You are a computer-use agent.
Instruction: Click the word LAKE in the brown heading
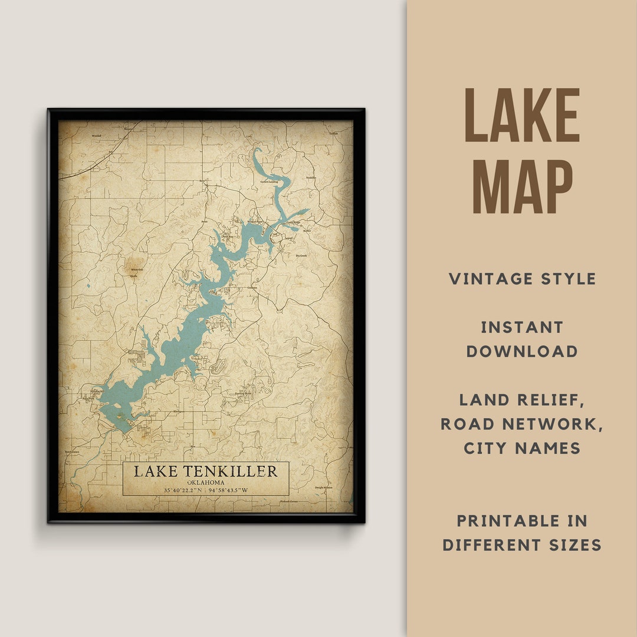522,116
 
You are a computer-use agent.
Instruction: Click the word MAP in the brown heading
522,186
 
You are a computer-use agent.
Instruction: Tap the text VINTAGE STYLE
522,279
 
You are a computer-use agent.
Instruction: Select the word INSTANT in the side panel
522,327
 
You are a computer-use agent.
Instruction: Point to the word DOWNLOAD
522,352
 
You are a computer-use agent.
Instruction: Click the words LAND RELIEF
522,400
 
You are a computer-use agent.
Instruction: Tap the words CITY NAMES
522,448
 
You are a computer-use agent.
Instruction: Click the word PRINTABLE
522,521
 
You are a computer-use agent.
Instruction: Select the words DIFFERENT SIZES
522,545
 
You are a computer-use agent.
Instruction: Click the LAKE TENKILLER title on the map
205,471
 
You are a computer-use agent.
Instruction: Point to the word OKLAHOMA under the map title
205,482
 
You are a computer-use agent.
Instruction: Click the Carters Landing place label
269,182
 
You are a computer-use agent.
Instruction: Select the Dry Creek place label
301,255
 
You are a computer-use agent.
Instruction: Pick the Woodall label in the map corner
97,135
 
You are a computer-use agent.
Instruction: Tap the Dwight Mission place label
323,488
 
